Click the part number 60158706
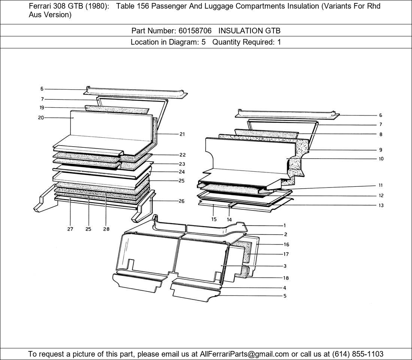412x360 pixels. (x=195, y=31)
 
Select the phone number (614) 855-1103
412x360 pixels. (x=358, y=354)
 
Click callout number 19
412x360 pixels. (x=42, y=107)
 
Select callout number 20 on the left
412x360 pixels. (x=41, y=118)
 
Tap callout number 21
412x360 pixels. (x=182, y=134)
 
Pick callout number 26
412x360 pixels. (x=182, y=201)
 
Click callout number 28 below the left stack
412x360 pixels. (x=106, y=229)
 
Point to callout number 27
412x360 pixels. (x=70, y=229)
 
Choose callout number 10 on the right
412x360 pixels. (x=381, y=159)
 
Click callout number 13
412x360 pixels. (x=381, y=205)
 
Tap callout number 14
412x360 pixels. (x=229, y=219)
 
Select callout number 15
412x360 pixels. (x=214, y=219)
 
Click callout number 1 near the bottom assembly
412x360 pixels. (x=285, y=225)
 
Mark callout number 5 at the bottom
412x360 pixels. (x=285, y=296)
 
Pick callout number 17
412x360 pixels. (x=286, y=254)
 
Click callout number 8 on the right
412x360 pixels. (x=381, y=135)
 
